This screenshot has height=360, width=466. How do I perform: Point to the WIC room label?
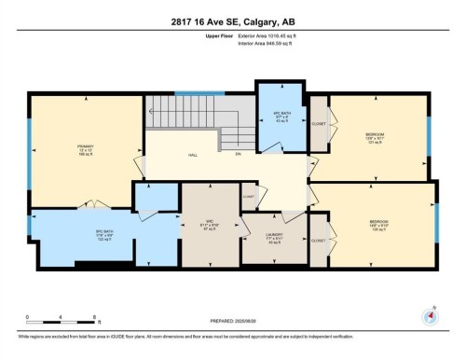[x=210, y=224]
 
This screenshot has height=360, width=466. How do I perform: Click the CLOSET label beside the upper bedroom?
[x=318, y=125]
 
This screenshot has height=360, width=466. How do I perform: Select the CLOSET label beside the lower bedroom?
[x=318, y=241]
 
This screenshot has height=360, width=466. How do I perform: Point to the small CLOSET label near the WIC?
[x=248, y=197]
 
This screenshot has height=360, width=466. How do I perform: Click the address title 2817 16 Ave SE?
[x=233, y=22]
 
